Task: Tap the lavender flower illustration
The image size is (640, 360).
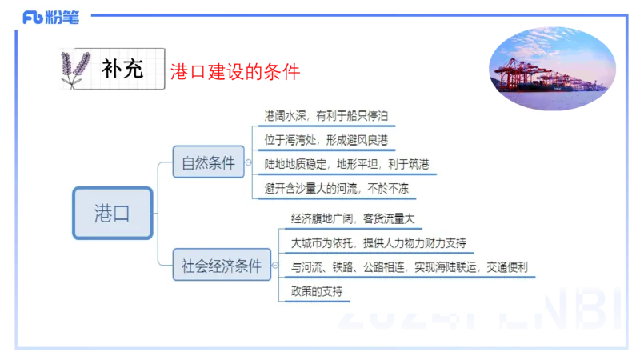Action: [x=76, y=69]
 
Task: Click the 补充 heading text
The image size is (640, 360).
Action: [x=122, y=70]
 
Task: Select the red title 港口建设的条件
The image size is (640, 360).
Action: [x=234, y=73]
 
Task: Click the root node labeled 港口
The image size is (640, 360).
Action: [x=112, y=213]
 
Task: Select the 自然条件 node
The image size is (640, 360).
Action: [x=209, y=163]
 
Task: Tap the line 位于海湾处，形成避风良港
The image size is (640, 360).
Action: [x=326, y=140]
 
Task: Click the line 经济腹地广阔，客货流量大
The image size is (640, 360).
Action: [x=352, y=218]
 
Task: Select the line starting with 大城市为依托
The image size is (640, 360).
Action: [x=378, y=242]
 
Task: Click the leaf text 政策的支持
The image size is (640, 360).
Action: [x=317, y=291]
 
